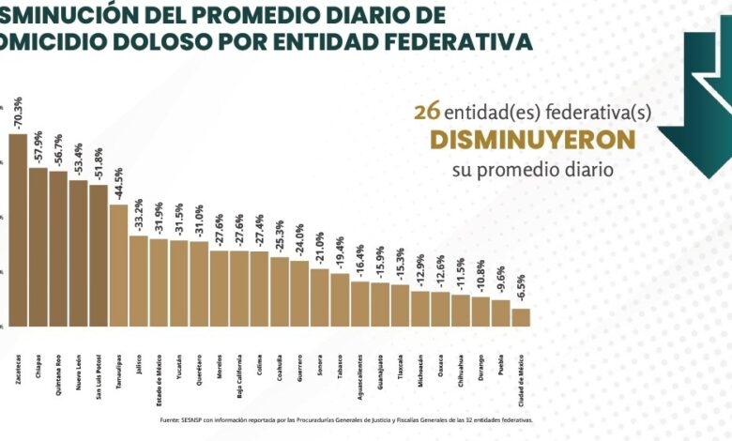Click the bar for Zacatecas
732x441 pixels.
pyautogui.click(x=18, y=230)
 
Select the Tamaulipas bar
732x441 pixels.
pyautogui.click(x=118, y=265)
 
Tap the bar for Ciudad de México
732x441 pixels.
pyautogui.click(x=521, y=317)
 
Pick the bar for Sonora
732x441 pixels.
pyautogui.click(x=320, y=297)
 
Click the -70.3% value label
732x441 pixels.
pyautogui.click(x=18, y=113)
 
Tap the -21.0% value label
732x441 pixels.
pyautogui.click(x=320, y=249)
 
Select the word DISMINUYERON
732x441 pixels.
pyautogui.click(x=532, y=140)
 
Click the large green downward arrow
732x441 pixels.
pyautogui.click(x=697, y=103)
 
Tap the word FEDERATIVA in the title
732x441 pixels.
pyautogui.click(x=465, y=41)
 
